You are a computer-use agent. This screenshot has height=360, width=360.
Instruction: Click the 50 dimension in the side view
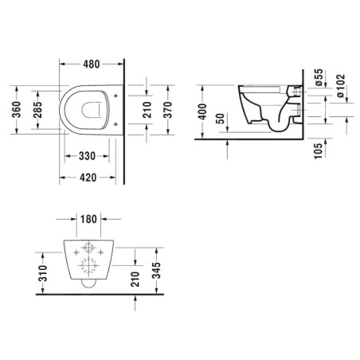[x=221, y=123]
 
